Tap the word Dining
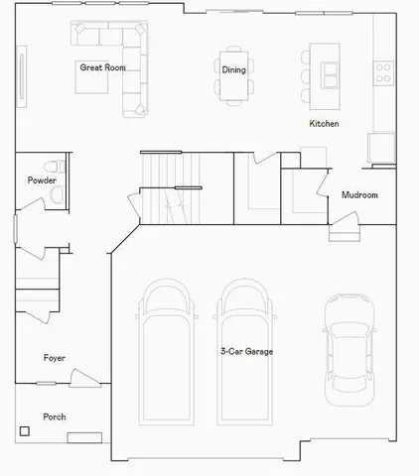click(x=233, y=69)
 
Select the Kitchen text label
click(x=324, y=124)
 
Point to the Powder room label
click(x=41, y=180)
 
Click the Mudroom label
click(x=359, y=195)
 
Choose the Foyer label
click(x=55, y=357)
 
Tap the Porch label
click(x=54, y=416)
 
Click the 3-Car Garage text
click(x=247, y=351)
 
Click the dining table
click(x=233, y=77)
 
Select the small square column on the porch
click(x=24, y=430)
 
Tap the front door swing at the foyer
click(x=84, y=378)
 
